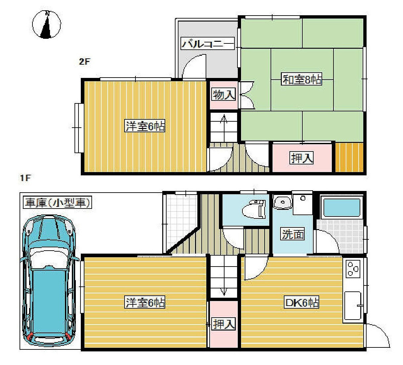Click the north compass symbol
[47, 24]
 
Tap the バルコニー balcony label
[208, 43]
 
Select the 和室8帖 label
[301, 79]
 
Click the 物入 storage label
[224, 94]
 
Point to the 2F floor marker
[84, 62]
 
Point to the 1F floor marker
[25, 178]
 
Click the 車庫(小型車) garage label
[57, 202]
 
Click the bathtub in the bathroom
[342, 208]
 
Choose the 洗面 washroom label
[292, 234]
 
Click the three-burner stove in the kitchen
[353, 269]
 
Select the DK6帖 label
[302, 302]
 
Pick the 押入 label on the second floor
[302, 158]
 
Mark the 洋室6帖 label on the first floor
[145, 302]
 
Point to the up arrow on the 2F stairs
[224, 128]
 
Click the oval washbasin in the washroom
[283, 202]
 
